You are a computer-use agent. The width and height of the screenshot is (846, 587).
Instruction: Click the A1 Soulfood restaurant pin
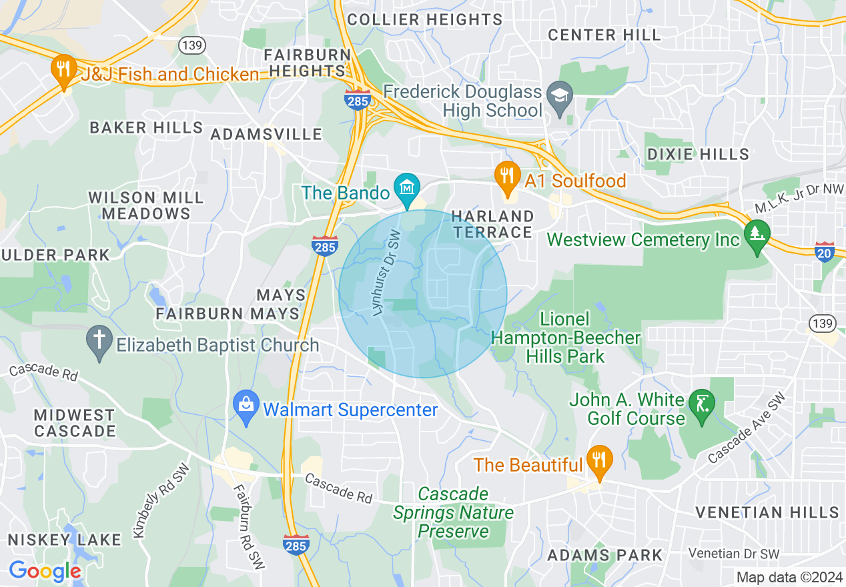[x=508, y=177]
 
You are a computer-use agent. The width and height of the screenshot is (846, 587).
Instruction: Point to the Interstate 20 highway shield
[x=825, y=251]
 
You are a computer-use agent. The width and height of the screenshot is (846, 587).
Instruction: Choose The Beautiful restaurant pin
[x=599, y=460]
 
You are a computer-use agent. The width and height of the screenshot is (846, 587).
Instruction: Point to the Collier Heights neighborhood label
[x=424, y=20]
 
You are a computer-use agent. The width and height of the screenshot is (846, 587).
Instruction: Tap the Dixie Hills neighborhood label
[x=698, y=154]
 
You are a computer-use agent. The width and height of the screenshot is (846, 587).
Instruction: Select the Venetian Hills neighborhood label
[x=767, y=512]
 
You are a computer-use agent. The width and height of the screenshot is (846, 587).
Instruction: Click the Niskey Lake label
[x=65, y=539]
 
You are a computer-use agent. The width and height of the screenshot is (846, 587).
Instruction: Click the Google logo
[x=45, y=571]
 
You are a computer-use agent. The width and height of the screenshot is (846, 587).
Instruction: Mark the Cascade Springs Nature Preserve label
[x=453, y=512]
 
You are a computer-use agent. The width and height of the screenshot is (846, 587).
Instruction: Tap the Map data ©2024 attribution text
[x=788, y=577]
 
